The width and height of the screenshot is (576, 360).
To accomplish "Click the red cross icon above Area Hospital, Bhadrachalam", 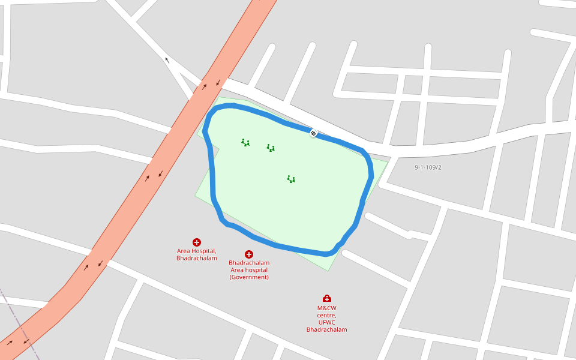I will [x=197, y=242].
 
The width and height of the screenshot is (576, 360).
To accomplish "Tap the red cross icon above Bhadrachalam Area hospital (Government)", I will [x=249, y=254].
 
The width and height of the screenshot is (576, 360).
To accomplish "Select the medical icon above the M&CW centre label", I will [x=327, y=298].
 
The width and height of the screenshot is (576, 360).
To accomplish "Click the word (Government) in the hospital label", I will [x=249, y=277].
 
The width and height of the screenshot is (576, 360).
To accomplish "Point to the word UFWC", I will [x=327, y=322].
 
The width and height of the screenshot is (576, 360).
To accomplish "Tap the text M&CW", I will [x=327, y=308].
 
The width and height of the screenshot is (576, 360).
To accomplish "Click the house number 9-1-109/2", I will [x=428, y=167].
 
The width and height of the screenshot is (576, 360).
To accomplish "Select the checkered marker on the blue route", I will [x=313, y=133].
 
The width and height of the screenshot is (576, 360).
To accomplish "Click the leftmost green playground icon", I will [x=245, y=143].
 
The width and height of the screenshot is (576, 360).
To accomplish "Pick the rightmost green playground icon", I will [x=291, y=179].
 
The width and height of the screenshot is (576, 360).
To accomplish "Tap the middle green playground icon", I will [x=271, y=148].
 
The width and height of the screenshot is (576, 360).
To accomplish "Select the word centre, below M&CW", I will [x=327, y=316].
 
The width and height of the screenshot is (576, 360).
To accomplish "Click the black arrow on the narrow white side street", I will [x=167, y=60].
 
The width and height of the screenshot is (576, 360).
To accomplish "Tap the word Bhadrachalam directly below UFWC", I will [x=327, y=329].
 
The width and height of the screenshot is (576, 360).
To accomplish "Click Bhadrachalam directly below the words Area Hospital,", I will [x=197, y=258].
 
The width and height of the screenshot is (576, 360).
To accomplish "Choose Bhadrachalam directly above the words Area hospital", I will [x=249, y=263].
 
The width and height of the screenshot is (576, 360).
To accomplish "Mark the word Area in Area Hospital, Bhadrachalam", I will [x=184, y=251].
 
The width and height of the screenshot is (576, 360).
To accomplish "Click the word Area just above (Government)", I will [x=238, y=270].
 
